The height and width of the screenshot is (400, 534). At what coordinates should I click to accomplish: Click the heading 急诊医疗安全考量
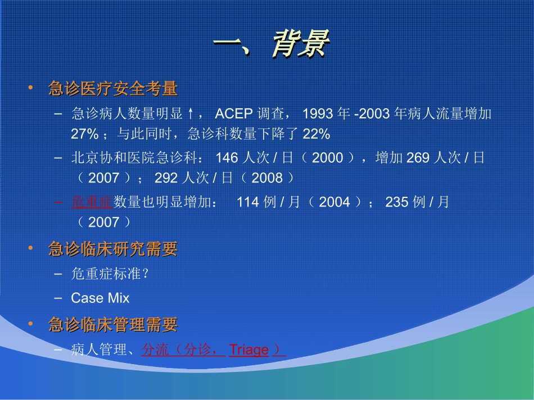(x=113, y=89)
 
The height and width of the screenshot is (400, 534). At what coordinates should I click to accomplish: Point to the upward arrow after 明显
(x=191, y=114)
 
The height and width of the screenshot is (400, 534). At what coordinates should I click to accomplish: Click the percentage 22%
(x=316, y=134)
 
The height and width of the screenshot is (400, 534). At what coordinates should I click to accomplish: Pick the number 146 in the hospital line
(x=227, y=158)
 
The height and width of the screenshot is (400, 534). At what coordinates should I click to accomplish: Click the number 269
(x=418, y=158)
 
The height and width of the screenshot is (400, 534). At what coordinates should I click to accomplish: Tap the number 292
(x=166, y=178)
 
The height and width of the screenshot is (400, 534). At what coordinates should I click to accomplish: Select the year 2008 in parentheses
(x=267, y=178)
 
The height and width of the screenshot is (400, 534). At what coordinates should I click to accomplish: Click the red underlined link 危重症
(x=92, y=202)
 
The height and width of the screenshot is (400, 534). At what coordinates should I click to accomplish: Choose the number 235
(x=397, y=202)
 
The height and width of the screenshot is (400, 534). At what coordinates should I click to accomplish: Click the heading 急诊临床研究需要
(x=113, y=249)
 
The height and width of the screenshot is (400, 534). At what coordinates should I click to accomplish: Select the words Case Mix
(x=100, y=298)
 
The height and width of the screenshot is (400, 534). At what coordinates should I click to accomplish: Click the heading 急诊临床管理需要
(x=113, y=324)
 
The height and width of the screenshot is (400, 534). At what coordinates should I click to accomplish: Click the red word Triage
(x=248, y=350)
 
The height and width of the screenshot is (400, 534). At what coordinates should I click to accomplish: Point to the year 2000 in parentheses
(x=327, y=158)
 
